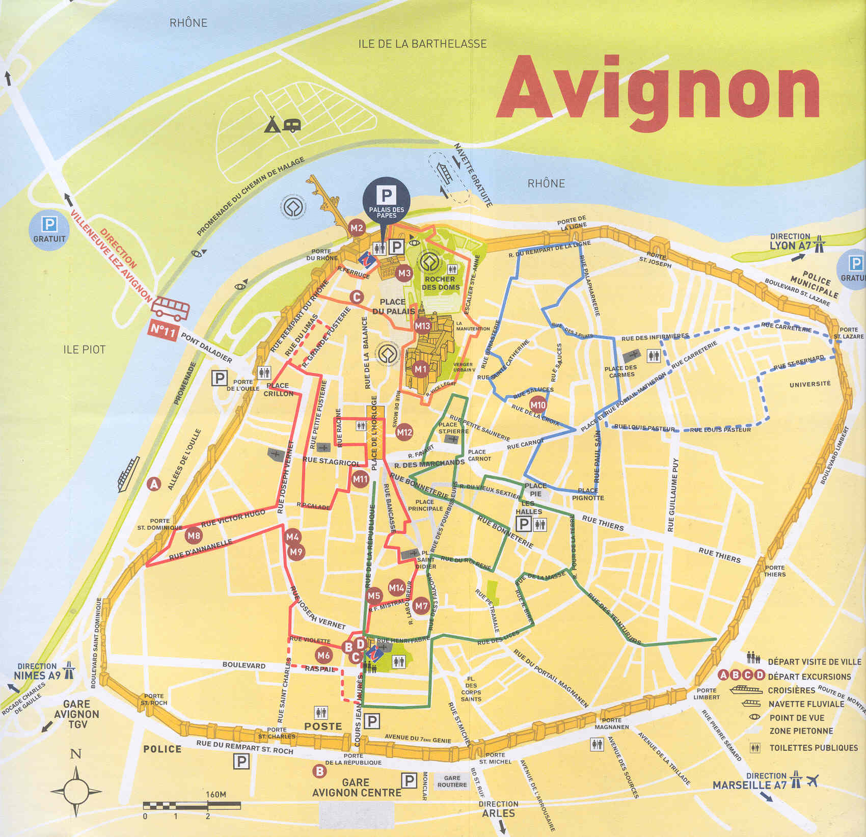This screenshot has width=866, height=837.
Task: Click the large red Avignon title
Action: [x=657, y=92]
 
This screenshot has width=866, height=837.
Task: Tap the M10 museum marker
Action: [x=538, y=406]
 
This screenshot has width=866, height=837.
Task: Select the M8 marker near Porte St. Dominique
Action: [x=194, y=535]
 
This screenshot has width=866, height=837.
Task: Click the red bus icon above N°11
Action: [x=171, y=308]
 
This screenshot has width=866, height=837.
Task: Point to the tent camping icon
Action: [x=272, y=124]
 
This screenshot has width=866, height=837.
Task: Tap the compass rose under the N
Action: [x=76, y=792]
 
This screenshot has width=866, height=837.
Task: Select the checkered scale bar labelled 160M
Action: [x=192, y=805]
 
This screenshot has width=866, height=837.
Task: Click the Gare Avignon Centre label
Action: [x=356, y=788]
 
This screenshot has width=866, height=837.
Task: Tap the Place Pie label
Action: [x=535, y=490]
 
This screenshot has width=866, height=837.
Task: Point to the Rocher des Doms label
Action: [x=441, y=283]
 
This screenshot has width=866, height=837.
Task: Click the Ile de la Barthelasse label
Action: [x=422, y=44]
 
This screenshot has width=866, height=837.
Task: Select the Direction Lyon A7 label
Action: [x=790, y=241]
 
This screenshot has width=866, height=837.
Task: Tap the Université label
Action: [x=810, y=384]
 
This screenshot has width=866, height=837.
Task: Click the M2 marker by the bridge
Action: [x=357, y=228]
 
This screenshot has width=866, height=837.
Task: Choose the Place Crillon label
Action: [x=278, y=390]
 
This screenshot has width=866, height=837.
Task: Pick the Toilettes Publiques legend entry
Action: [x=813, y=748]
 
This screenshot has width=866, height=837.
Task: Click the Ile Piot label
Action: [x=84, y=349]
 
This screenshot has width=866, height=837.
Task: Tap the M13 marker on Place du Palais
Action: [x=422, y=326]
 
